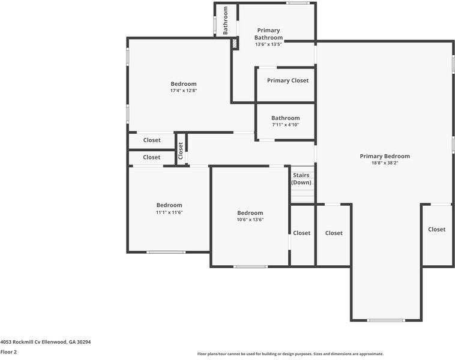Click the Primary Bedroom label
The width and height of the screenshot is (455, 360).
385,156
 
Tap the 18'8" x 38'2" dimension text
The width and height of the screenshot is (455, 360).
385,163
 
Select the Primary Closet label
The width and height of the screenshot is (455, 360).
288,80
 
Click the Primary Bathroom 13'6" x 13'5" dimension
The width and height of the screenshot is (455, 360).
268,44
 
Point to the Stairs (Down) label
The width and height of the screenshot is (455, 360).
301,179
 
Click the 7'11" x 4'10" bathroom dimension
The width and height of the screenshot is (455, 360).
285,125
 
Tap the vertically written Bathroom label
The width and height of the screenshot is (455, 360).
226,19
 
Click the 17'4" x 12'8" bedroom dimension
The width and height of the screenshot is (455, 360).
183,91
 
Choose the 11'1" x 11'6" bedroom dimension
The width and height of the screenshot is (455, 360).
169,212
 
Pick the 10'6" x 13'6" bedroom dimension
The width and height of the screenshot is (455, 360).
250,220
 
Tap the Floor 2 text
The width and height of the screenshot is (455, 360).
8,352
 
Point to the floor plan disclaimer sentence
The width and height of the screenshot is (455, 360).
290,354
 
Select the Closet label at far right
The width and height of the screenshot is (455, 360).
436,229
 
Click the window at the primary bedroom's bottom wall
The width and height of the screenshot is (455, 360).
386,320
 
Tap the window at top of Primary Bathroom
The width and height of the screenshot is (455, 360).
297,3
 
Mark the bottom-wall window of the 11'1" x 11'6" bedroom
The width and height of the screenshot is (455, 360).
166,252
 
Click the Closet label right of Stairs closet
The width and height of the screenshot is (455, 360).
334,233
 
